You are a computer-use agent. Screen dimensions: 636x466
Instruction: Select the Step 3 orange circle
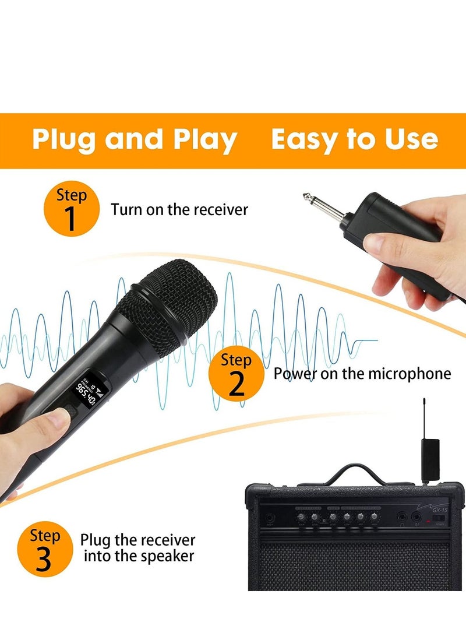click(44, 550)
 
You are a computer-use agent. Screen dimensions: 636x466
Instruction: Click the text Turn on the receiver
click(179, 209)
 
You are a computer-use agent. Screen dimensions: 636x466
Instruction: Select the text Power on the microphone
click(362, 374)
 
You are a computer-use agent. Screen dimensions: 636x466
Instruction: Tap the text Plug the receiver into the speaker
click(138, 548)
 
